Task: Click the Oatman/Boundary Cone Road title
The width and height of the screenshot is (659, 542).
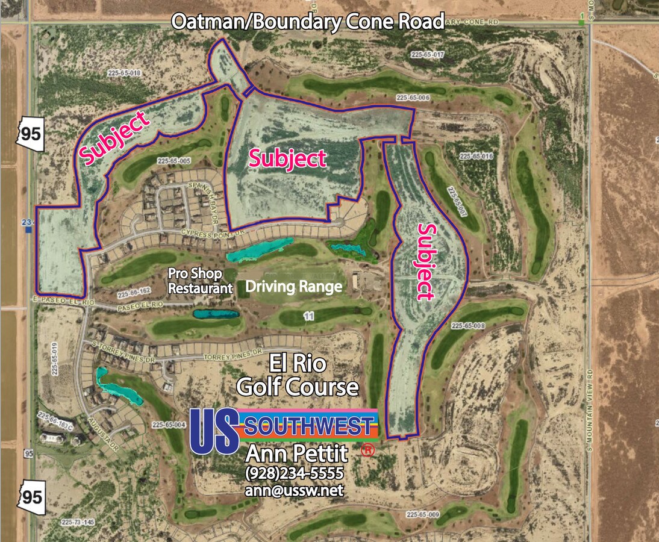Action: (x=308, y=22)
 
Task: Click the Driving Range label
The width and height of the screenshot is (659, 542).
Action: (x=293, y=287)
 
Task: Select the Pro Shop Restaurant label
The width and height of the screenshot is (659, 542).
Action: (x=200, y=281)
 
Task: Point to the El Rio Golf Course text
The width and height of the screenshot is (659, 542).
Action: (x=298, y=375)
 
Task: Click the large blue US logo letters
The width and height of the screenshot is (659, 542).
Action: (x=214, y=431)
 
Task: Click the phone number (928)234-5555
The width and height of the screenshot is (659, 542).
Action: (x=295, y=473)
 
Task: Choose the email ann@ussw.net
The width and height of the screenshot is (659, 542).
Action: (x=294, y=490)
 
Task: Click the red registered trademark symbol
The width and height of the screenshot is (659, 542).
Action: (x=366, y=449)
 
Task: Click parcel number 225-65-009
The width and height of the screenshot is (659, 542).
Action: (x=423, y=515)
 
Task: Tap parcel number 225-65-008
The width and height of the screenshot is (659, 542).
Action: (x=467, y=326)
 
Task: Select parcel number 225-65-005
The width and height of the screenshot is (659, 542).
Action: (x=173, y=161)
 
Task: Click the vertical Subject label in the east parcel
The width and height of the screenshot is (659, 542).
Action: (x=425, y=261)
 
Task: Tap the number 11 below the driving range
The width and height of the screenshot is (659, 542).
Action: (x=310, y=316)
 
